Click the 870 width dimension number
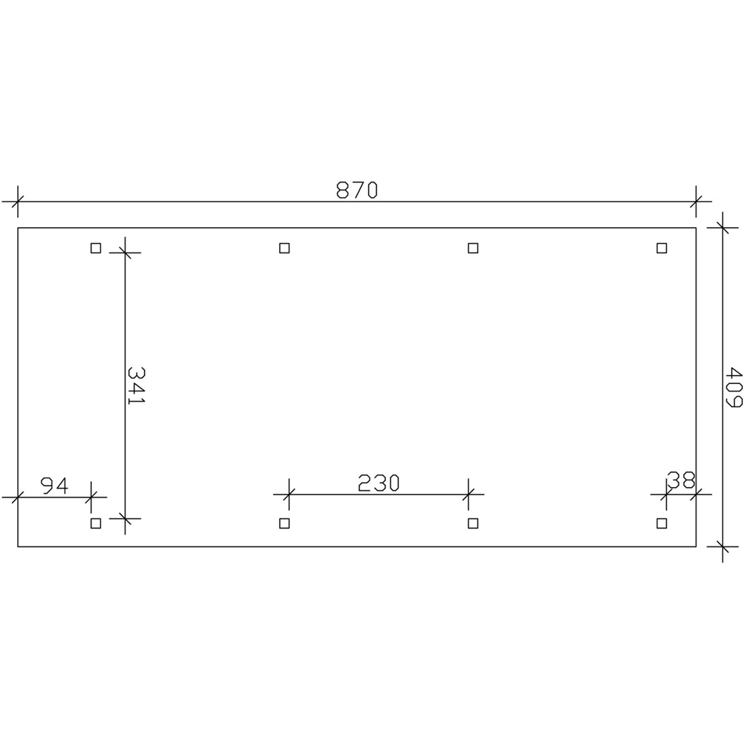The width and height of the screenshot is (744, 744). pyautogui.click(x=357, y=190)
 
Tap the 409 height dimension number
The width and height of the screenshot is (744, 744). pyautogui.click(x=733, y=387)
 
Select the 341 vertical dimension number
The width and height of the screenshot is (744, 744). pyautogui.click(x=135, y=385)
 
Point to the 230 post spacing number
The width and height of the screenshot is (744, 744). pyautogui.click(x=378, y=483)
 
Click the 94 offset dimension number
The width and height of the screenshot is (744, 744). pyautogui.click(x=54, y=486)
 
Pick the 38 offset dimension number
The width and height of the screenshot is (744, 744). pyautogui.click(x=681, y=480)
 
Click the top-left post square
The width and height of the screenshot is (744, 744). pyautogui.click(x=96, y=248)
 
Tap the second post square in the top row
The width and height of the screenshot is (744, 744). pyautogui.click(x=284, y=248)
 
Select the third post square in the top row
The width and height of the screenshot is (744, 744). pyautogui.click(x=473, y=248)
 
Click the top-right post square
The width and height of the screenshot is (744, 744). pyautogui.click(x=662, y=248)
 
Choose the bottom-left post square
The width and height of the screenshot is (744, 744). pyautogui.click(x=96, y=523)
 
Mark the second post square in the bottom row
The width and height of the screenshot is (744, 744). pyautogui.click(x=284, y=523)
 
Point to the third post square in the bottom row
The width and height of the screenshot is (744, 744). pyautogui.click(x=473, y=523)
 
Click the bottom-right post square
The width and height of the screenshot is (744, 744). pyautogui.click(x=662, y=523)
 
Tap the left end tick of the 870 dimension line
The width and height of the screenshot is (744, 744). pyautogui.click(x=18, y=202)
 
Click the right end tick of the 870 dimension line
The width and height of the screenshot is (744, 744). pyautogui.click(x=696, y=202)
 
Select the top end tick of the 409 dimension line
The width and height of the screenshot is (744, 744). pyautogui.click(x=723, y=228)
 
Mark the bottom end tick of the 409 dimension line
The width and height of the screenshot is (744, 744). pyautogui.click(x=723, y=547)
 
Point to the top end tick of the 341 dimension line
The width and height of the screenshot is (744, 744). pyautogui.click(x=125, y=253)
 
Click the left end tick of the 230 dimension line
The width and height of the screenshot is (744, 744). pyautogui.click(x=289, y=494)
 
